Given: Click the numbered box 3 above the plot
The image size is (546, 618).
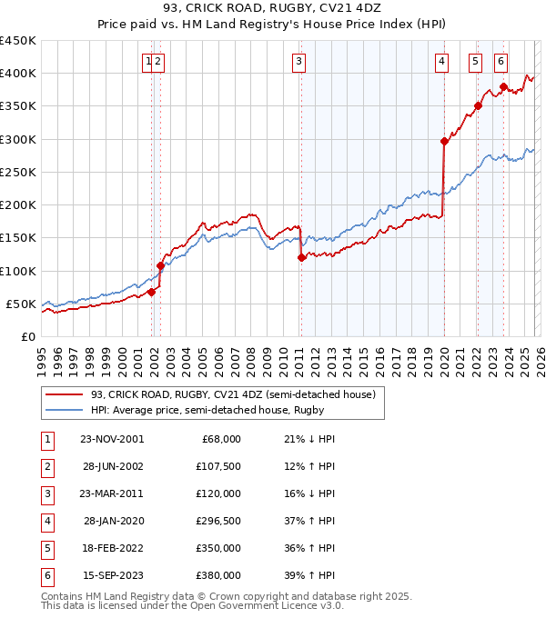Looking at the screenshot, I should (x=298, y=62).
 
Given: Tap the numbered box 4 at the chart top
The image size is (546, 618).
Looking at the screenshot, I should (x=441, y=62).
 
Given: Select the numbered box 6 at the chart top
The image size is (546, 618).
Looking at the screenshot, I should (x=501, y=62).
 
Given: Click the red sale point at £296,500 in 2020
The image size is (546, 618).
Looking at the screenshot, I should (x=444, y=141).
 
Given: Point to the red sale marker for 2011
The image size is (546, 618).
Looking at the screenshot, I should (x=301, y=257).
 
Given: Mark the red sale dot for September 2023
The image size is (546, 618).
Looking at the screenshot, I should (x=503, y=87).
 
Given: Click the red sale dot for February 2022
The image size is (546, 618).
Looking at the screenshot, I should (x=478, y=105).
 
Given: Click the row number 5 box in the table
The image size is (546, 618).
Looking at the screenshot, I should (x=45, y=550).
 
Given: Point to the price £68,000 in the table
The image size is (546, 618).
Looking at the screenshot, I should (x=221, y=439).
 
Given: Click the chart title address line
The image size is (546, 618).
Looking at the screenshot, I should (x=273, y=9).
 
